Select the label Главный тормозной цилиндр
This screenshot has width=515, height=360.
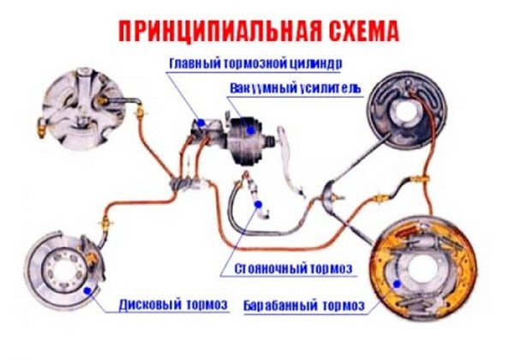point(255,63)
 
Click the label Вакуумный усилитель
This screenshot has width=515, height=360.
point(296,88)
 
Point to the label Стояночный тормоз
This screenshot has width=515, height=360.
point(293,268)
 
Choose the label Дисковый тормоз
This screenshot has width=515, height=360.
point(173,304)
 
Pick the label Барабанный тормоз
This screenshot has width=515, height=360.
point(304,305)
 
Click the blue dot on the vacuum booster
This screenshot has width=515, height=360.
point(251,130)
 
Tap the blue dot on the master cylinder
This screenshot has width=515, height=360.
point(201,123)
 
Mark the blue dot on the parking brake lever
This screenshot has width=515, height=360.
point(258,204)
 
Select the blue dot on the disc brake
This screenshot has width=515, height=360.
point(87,291)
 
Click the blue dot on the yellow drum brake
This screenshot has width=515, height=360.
point(397,284)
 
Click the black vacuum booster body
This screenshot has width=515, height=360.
point(244,142)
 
